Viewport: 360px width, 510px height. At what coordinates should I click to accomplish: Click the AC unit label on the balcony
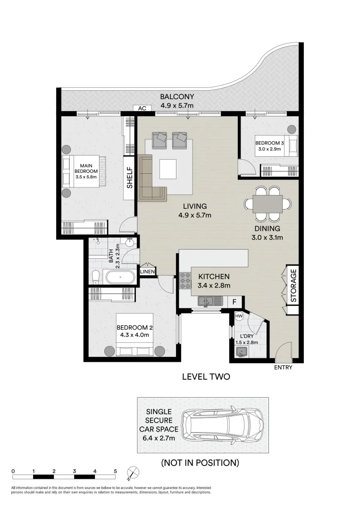pos(142,109)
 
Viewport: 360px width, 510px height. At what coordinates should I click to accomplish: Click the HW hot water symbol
pos(239,316)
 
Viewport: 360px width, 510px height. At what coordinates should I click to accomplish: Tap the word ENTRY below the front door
pos(283,367)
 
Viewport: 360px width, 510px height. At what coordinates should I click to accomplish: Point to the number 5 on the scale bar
pos(115,471)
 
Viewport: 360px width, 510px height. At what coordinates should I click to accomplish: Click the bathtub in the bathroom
pos(120,276)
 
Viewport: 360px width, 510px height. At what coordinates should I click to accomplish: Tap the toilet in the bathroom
pos(96,276)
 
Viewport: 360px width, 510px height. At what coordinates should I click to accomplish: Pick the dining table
pos(267,204)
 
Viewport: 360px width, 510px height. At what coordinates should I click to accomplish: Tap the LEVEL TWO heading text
pos(206,377)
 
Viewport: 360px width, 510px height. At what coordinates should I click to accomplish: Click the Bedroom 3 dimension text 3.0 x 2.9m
pos(268,149)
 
